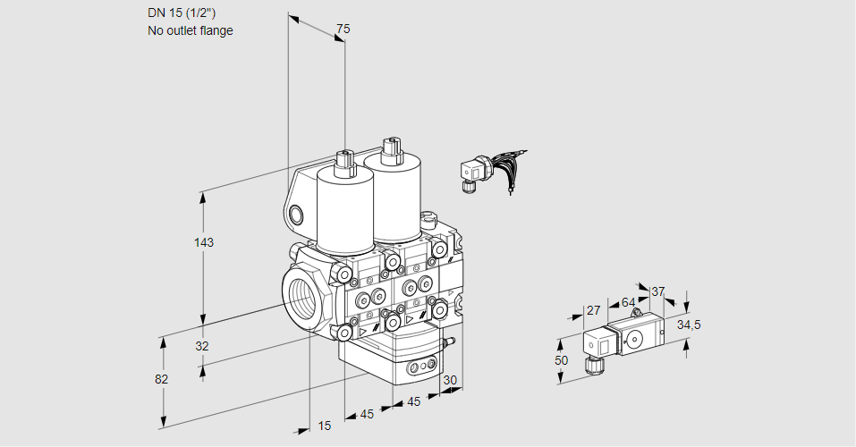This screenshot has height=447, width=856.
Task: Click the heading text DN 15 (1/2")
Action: [182, 13]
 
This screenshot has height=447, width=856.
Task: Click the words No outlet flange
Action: [190, 30]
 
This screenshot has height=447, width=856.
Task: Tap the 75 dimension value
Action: [342, 29]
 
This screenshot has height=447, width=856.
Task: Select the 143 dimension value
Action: [206, 242]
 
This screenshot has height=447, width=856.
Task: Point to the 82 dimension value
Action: [161, 379]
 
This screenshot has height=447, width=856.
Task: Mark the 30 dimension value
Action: [450, 380]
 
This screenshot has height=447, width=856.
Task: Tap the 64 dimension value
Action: [628, 302]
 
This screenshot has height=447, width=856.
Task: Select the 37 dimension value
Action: [658, 291]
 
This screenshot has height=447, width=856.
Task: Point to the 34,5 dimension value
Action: [688, 325]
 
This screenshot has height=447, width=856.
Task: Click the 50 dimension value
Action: [561, 359]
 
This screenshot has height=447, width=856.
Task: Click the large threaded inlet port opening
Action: [300, 298]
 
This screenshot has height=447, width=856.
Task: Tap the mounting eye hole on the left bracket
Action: [296, 214]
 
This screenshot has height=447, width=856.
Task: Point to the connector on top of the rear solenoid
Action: [389, 148]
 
